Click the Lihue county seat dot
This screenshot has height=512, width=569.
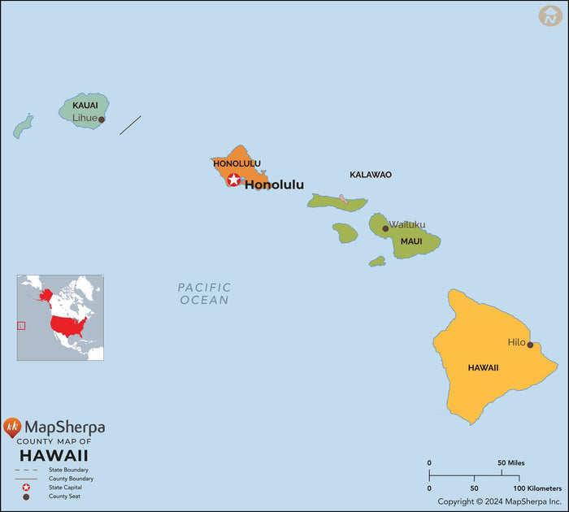click(x=102, y=119)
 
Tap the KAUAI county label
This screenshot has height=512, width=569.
click(x=85, y=106)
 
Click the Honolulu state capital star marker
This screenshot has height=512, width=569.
click(x=234, y=180)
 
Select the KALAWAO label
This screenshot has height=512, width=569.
click(x=371, y=175)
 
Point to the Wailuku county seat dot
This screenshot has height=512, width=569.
click(x=385, y=228)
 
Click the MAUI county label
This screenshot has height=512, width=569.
click(x=411, y=241)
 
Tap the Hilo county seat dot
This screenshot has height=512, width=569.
click(x=530, y=345)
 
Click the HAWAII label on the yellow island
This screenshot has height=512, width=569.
click(x=483, y=368)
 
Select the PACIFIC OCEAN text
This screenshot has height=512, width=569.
click(x=204, y=293)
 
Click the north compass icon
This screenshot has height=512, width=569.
click(x=550, y=16)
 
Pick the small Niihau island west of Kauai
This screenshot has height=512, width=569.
click(x=24, y=125)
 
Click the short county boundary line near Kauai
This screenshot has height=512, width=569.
click(x=130, y=124)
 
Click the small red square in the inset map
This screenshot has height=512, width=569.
click(x=21, y=326)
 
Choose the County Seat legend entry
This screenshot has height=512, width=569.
click(x=65, y=497)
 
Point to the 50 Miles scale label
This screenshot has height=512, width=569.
click(x=511, y=463)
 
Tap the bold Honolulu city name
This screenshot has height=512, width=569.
click(x=274, y=185)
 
